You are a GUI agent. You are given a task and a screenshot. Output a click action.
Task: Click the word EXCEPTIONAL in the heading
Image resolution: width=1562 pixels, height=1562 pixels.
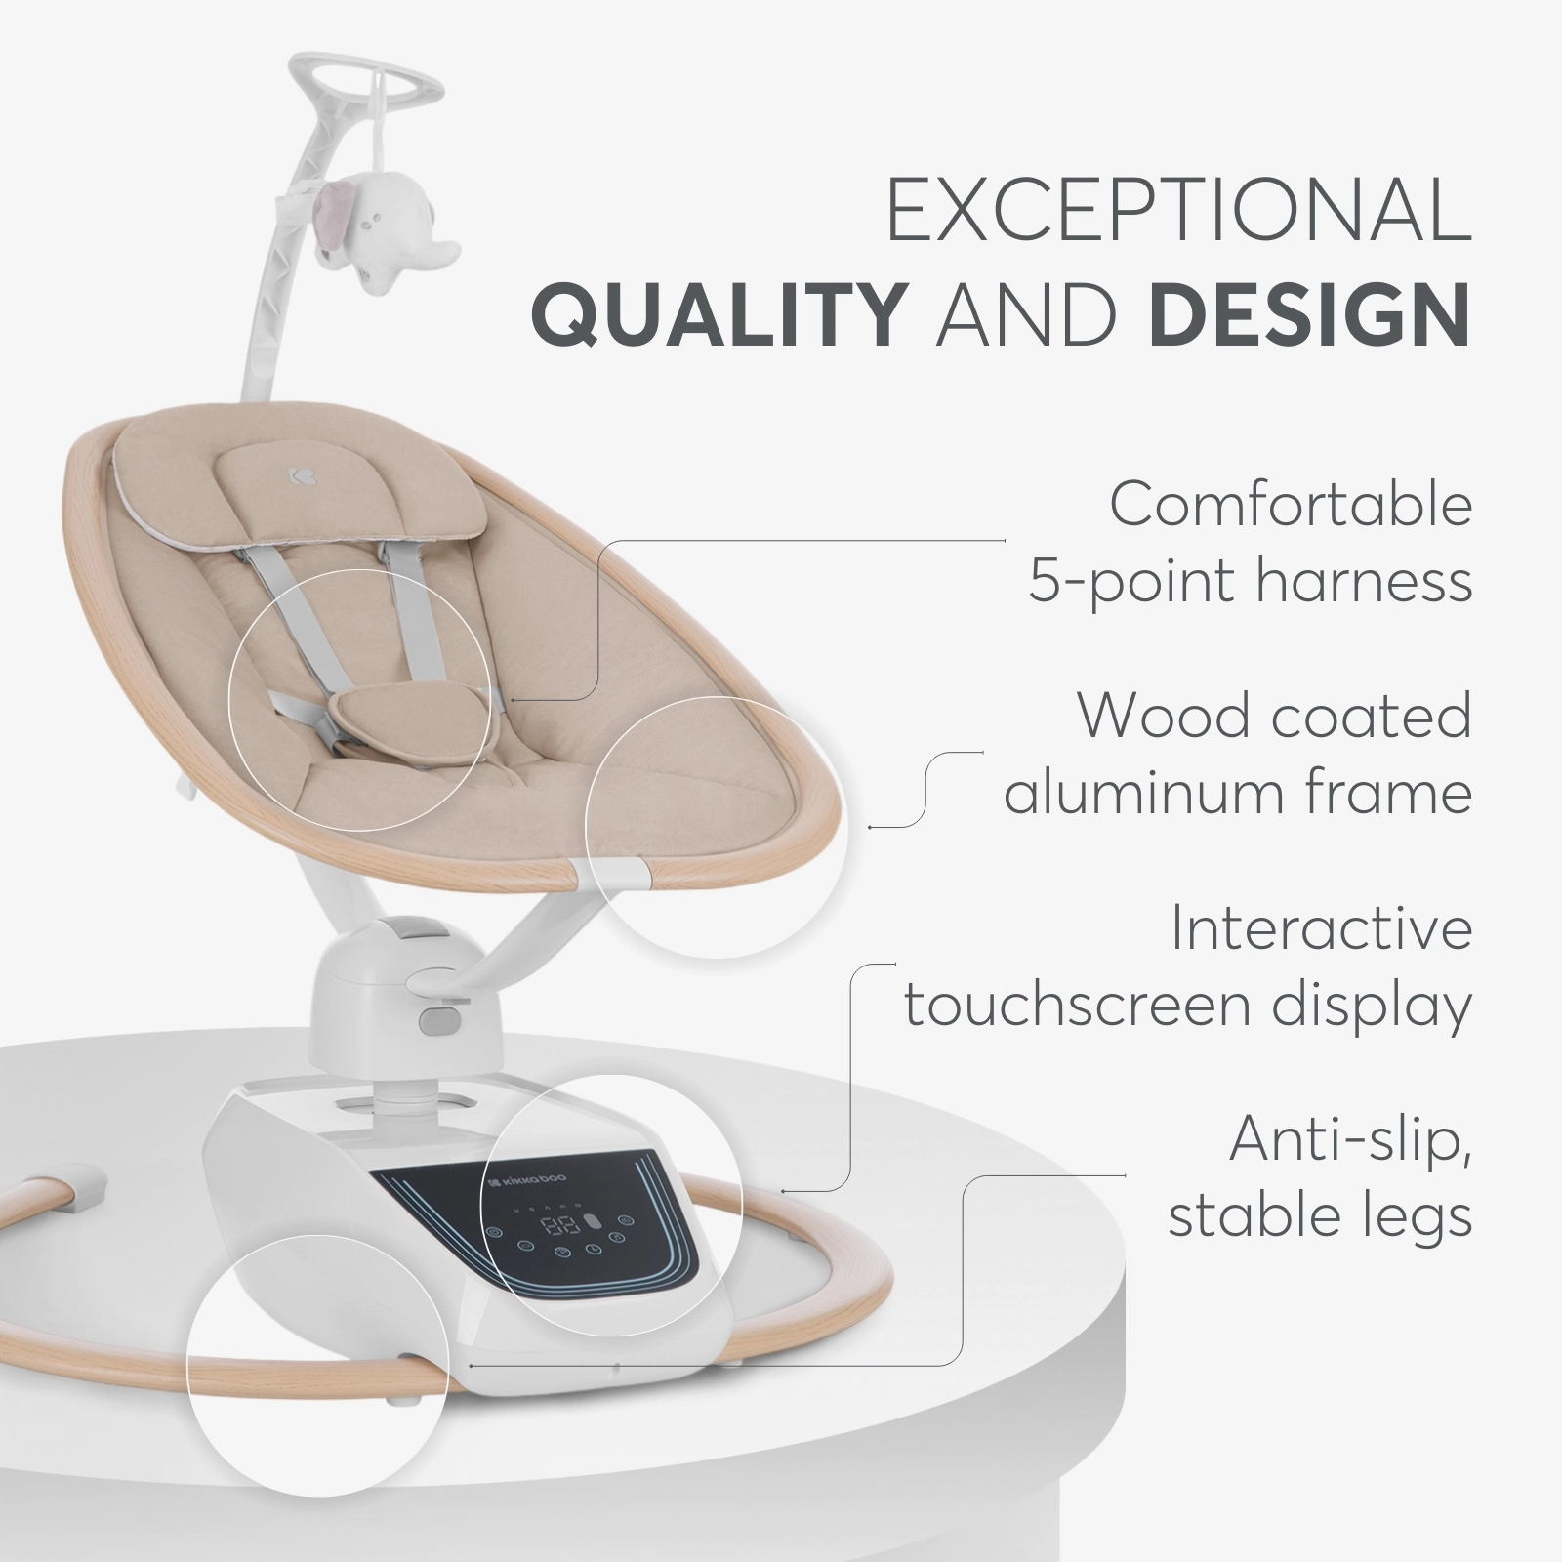tap(1178, 211)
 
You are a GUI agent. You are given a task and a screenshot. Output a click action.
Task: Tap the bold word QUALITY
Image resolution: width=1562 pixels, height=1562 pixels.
tap(718, 316)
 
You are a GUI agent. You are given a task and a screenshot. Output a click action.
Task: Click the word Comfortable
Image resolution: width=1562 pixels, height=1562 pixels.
tap(1291, 505)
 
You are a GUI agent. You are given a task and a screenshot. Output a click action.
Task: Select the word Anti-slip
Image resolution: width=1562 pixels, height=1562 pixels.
tap(1351, 1139)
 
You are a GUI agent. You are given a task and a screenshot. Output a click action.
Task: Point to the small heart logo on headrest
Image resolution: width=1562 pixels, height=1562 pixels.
tap(296, 473)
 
